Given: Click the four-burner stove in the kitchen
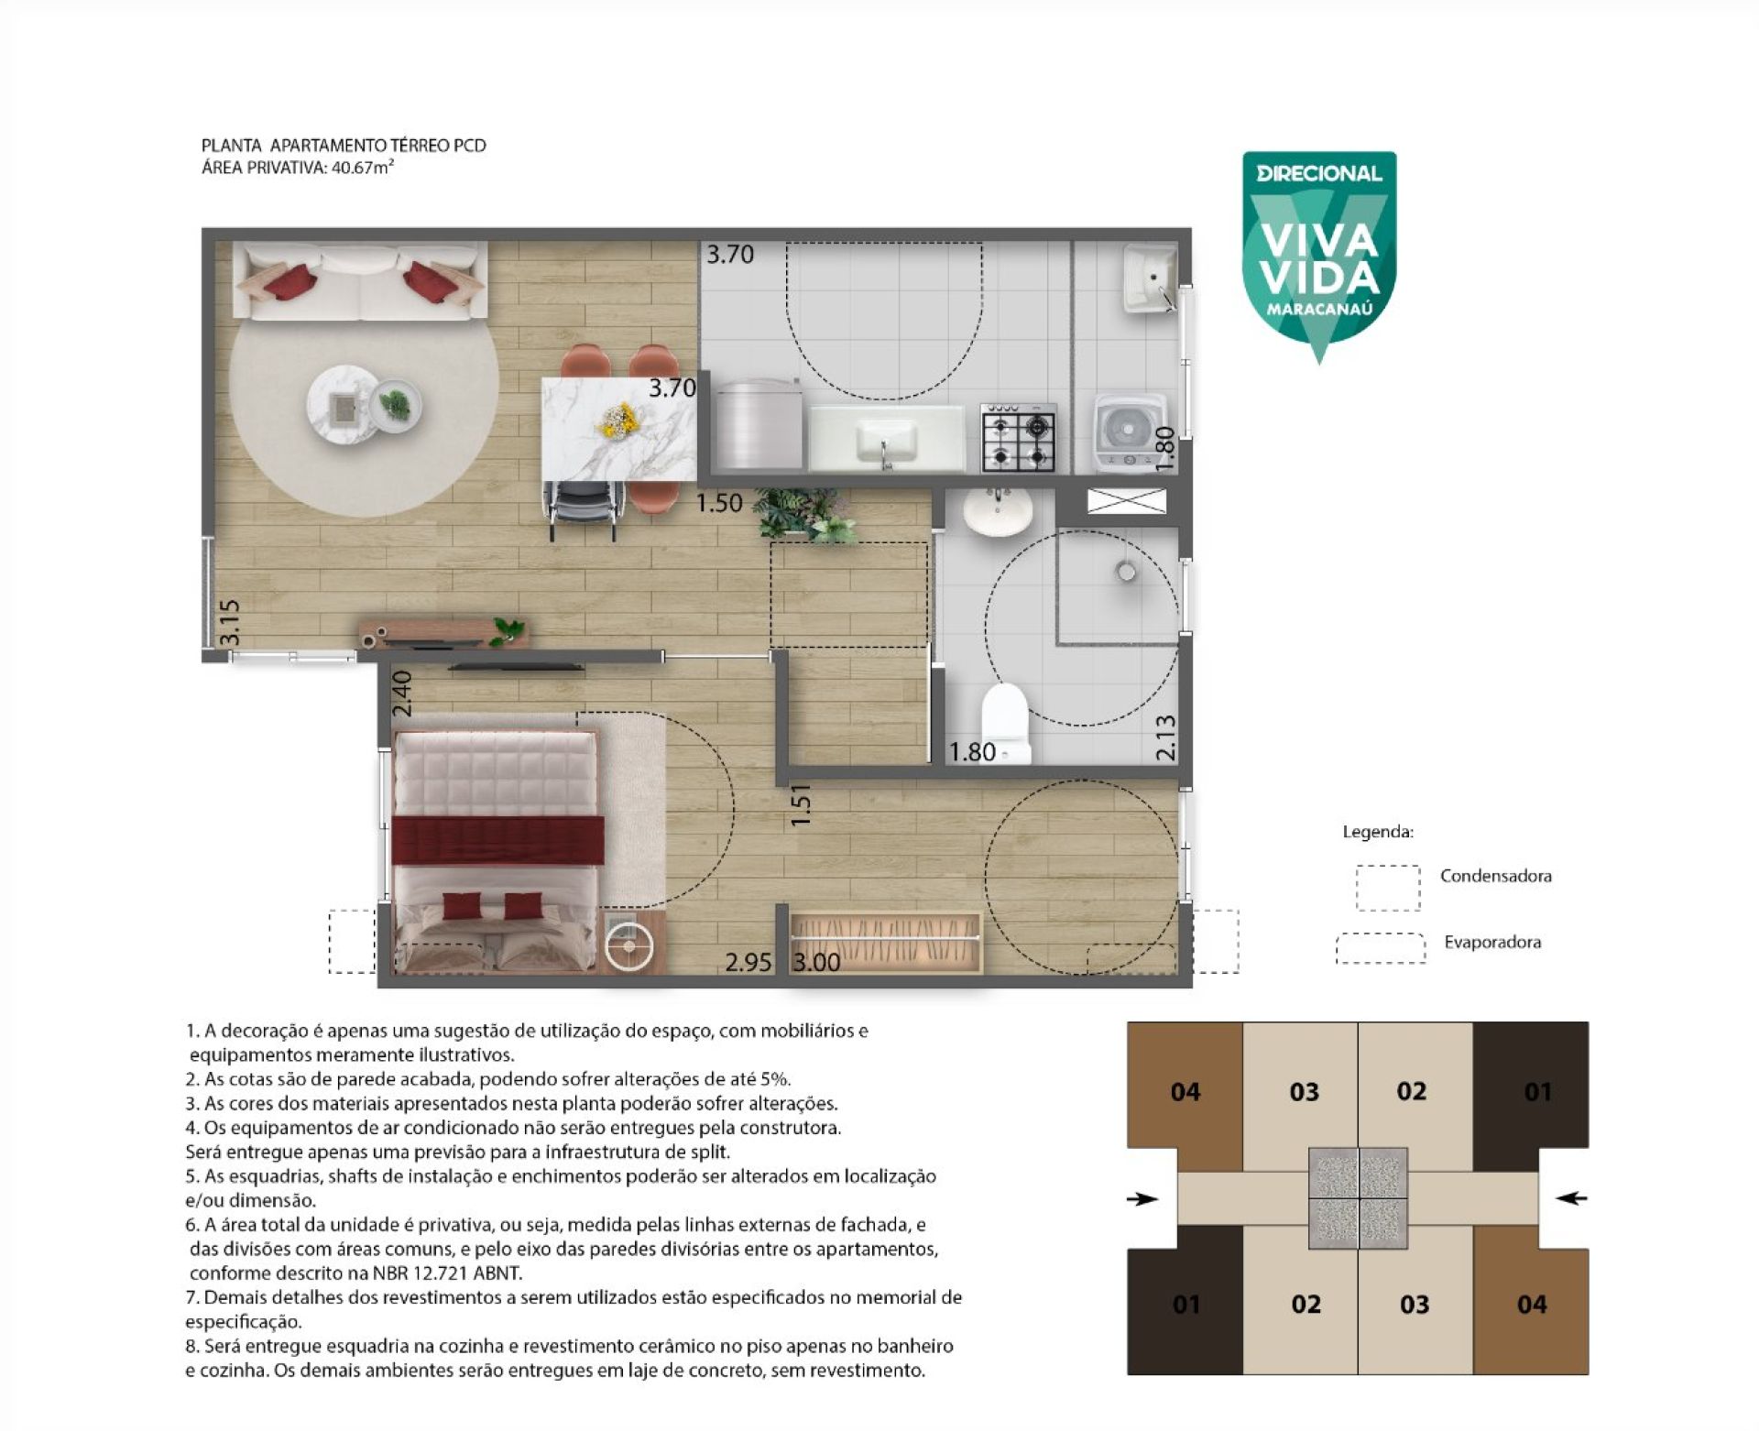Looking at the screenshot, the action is click(1018, 437).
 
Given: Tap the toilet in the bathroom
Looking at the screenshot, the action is click(1006, 723).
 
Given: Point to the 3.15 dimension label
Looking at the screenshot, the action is click(229, 622).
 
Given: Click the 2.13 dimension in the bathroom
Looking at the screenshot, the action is click(1165, 737).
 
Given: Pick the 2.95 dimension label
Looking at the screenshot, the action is click(748, 962).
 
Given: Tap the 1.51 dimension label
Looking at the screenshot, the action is click(801, 805).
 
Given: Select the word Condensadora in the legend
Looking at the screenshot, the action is click(1495, 876).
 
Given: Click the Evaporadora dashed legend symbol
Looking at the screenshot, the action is click(1380, 948).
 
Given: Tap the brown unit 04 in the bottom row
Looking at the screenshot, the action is click(1531, 1301).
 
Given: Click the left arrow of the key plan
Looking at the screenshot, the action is click(1142, 1198).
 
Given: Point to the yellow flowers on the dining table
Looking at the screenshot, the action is click(618, 421).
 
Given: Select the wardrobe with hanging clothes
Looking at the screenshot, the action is click(885, 941).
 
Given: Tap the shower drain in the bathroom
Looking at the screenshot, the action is click(1126, 572).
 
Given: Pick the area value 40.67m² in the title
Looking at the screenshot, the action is click(362, 168).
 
